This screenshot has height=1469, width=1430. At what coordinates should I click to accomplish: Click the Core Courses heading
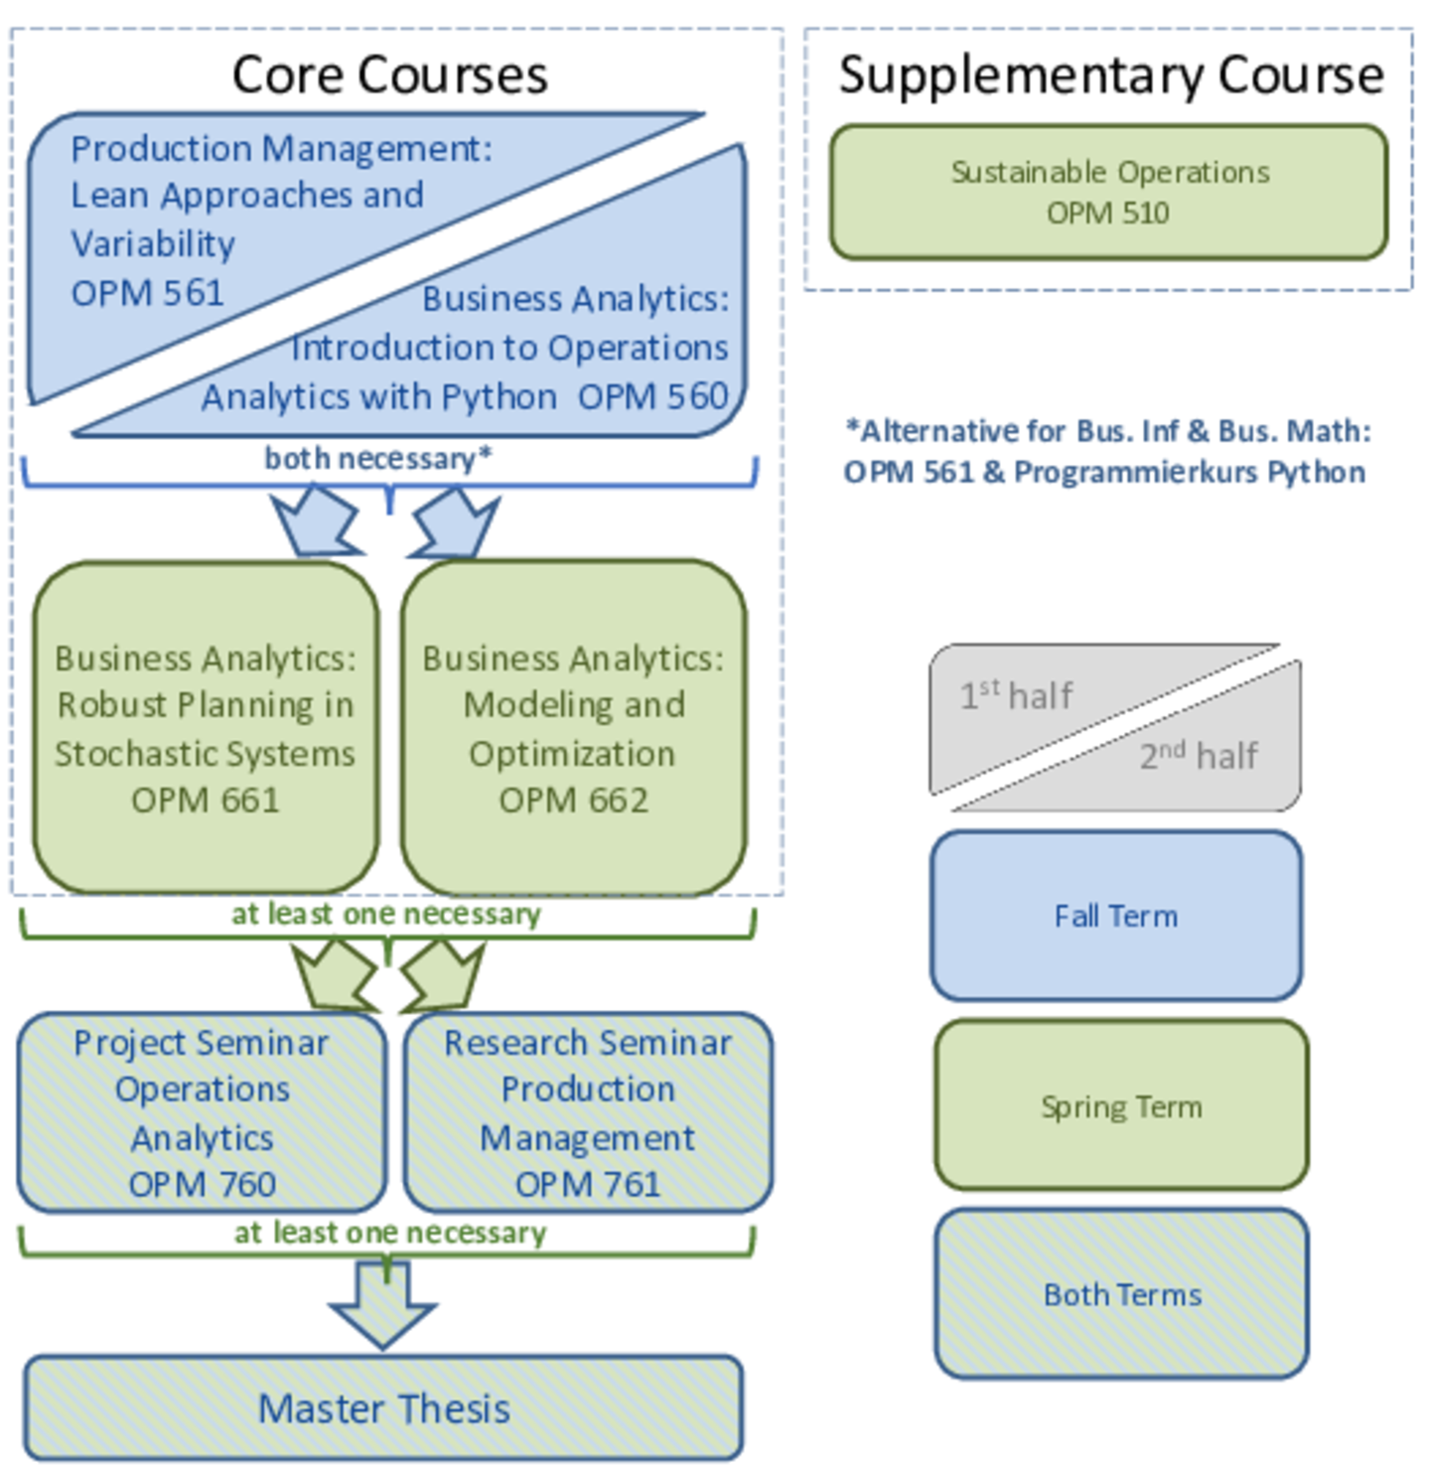point(389,75)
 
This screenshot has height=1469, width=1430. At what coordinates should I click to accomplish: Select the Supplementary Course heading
point(1111,75)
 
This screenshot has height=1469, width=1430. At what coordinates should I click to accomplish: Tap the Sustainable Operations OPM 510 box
point(1108,193)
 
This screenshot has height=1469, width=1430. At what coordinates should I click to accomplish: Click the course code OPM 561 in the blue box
point(148,293)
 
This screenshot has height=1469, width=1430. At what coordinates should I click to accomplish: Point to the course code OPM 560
point(653,396)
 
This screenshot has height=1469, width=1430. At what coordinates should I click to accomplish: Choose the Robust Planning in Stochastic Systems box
point(206,728)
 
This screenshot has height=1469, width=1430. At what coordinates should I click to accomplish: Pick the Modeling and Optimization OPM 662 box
point(574,728)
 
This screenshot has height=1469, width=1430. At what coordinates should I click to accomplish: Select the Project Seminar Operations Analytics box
point(203,1112)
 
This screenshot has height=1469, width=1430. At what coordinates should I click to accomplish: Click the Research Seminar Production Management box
point(588,1112)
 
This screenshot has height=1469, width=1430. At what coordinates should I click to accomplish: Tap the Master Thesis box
point(383,1407)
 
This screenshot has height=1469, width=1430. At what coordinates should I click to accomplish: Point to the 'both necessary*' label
point(378,458)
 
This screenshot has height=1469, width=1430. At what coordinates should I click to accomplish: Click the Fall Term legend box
point(1116,916)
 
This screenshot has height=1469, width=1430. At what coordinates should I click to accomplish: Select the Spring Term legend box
point(1121,1105)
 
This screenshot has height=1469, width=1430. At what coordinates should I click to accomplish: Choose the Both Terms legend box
point(1121,1294)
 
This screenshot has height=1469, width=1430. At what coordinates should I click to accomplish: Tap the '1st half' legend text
point(1016,694)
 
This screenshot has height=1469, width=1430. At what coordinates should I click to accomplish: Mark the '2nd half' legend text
point(1199,755)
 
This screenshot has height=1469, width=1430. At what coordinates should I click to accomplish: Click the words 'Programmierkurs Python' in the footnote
point(1190,472)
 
